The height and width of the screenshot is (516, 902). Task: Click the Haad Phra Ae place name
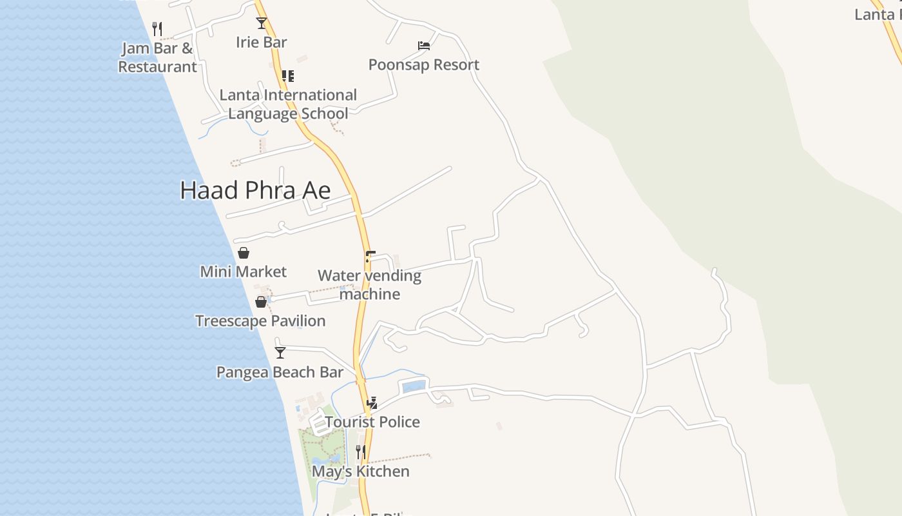(255, 190)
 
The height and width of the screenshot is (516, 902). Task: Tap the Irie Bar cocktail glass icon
(261, 23)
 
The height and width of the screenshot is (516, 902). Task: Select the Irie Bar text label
(261, 43)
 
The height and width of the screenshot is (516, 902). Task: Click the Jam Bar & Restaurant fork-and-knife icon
(157, 28)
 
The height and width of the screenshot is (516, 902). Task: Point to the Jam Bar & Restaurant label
(157, 57)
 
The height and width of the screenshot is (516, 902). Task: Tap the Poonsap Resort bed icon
(423, 46)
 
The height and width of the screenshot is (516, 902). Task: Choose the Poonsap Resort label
(423, 64)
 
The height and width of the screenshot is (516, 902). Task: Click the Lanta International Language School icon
(288, 76)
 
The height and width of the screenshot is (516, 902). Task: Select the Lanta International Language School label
(288, 104)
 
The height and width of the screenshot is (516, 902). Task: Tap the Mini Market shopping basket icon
(244, 253)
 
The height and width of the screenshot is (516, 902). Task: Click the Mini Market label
(244, 272)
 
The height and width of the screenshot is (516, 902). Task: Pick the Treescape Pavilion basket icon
(261, 302)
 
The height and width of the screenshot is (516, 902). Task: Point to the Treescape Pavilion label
(260, 321)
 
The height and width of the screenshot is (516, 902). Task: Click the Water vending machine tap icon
(369, 257)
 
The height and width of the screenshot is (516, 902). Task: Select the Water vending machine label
(369, 285)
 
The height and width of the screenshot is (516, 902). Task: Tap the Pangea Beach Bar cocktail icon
(280, 353)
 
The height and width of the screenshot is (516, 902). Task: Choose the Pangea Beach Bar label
(280, 372)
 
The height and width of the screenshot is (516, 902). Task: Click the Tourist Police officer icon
(372, 403)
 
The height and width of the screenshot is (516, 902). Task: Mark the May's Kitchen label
(360, 471)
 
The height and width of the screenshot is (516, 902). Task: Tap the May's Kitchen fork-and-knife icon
(361, 452)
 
